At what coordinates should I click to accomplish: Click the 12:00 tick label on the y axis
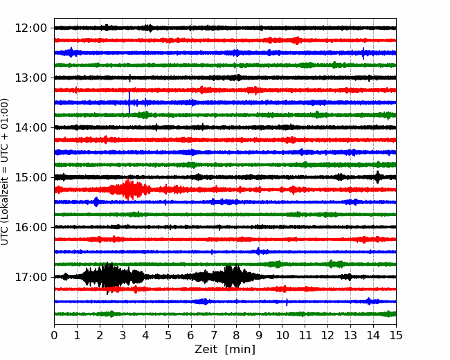pos(30,28)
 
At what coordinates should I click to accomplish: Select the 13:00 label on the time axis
pos(30,78)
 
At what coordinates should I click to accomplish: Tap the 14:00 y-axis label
pos(30,127)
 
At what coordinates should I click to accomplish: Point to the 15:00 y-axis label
pos(30,177)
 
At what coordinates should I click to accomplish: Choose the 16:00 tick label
pos(30,227)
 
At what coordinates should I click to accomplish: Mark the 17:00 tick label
pos(30,277)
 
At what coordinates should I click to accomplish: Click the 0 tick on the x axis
pos(54,335)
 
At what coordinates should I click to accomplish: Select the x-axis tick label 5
pos(168,335)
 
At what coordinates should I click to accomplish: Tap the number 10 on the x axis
pos(282,335)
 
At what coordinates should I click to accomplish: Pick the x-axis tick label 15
pos(396,335)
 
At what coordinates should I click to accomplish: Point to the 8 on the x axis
pos(237,335)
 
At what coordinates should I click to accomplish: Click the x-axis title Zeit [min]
pos(225,350)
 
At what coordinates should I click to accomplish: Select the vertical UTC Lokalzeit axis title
pos(4,172)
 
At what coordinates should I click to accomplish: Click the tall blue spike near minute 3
pos(129,102)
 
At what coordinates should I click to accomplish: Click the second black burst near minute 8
pos(230,276)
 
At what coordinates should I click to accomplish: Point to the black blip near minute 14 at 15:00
pos(378,177)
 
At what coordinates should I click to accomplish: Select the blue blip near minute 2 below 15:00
pos(96,202)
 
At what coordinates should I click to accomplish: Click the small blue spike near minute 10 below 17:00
pos(287,302)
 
